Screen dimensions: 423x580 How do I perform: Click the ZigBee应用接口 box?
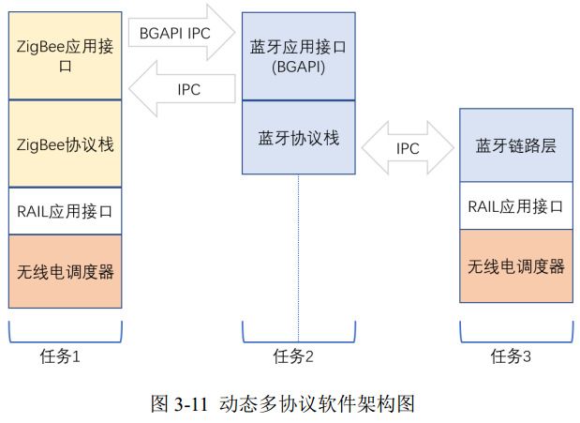coord(65,53)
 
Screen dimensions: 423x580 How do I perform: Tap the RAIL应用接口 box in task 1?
coord(65,212)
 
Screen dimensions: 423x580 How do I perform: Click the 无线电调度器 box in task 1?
coord(65,271)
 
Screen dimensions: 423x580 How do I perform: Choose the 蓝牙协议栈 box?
coord(299,138)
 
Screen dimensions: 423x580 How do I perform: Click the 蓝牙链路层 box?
coord(516,145)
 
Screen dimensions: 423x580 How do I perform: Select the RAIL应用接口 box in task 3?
coord(516,205)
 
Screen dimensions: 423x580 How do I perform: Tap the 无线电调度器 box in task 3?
coord(516,265)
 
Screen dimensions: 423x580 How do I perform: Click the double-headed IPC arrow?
coord(408,148)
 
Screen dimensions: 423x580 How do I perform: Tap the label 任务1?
coord(65,355)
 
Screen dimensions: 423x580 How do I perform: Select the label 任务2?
coord(299,355)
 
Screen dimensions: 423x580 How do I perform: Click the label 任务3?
coord(516,355)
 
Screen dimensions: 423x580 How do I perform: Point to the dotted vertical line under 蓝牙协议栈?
coord(299,253)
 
